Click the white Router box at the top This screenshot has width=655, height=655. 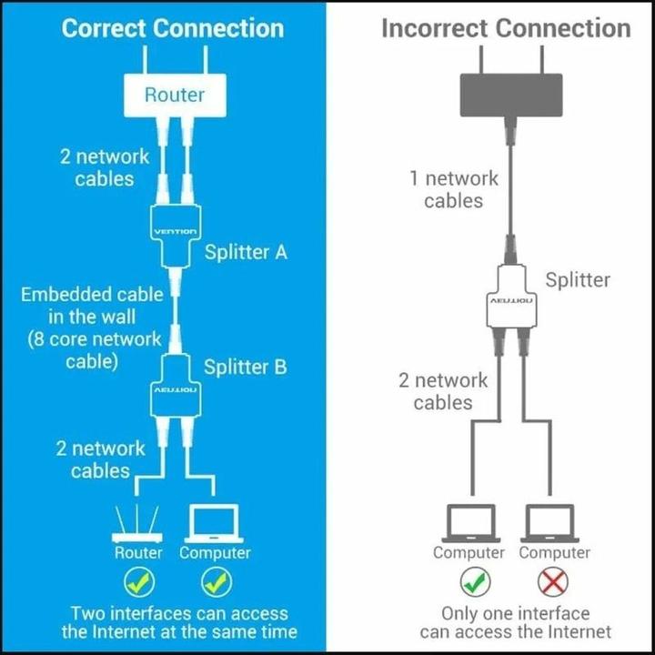pyautogui.click(x=175, y=94)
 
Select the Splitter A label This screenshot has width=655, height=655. pyautogui.click(x=246, y=252)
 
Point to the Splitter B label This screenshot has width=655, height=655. pyautogui.click(x=246, y=367)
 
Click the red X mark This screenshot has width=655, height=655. pyautogui.click(x=554, y=580)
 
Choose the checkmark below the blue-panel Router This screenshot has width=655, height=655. pyautogui.click(x=139, y=580)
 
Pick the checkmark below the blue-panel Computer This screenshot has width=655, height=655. pyautogui.click(x=216, y=580)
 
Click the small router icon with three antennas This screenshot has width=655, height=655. pyautogui.click(x=138, y=523)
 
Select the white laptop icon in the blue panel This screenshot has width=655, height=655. pyautogui.click(x=215, y=525)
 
